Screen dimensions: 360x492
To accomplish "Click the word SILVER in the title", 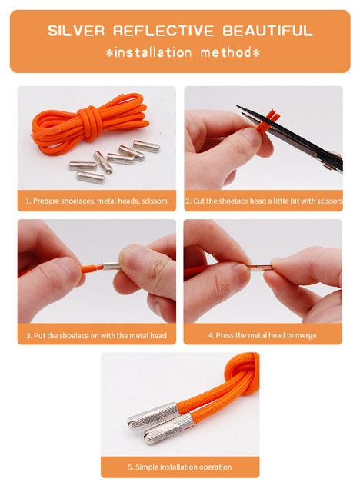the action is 76,31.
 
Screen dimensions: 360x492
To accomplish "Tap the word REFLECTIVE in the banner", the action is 163,31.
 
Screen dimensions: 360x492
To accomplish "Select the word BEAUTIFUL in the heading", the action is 268,31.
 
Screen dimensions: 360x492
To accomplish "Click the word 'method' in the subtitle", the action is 226,52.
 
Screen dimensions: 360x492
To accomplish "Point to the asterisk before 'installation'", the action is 109,53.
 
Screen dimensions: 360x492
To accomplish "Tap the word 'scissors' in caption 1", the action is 154,201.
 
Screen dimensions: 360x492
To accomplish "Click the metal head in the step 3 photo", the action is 112,266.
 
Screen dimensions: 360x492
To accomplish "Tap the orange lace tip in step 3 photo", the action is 92,268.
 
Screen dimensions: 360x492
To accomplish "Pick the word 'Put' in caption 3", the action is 39,335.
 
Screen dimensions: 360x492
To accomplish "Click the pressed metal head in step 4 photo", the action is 260,268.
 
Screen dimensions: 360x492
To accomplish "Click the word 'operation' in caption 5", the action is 215,467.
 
